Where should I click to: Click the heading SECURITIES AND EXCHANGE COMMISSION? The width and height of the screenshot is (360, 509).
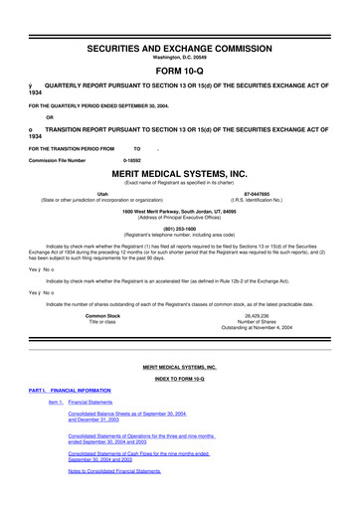point(179,20)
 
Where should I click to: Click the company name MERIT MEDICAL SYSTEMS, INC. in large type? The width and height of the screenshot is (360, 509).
point(179,172)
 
